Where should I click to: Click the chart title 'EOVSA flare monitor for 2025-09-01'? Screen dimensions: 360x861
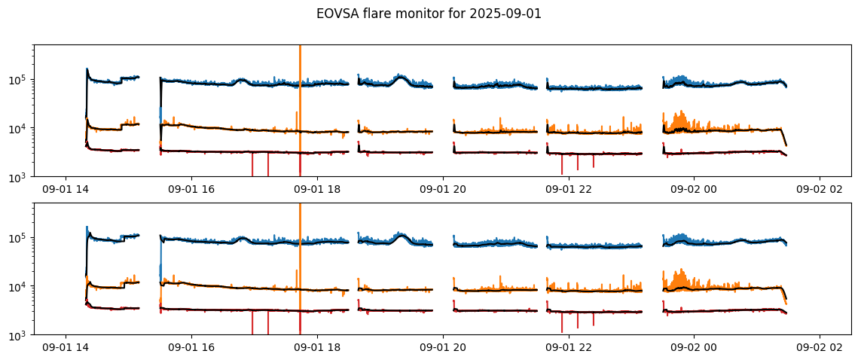tap(429, 14)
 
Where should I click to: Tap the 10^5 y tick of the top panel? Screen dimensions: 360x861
tap(20, 80)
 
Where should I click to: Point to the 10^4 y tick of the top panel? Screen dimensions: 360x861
tap(20, 129)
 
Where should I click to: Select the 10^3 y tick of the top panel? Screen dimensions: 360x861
tap(20, 177)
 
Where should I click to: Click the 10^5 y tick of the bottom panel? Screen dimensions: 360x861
tap(20, 238)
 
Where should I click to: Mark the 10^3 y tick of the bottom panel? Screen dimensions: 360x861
tap(20, 335)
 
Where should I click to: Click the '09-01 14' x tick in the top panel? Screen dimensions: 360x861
tap(66, 189)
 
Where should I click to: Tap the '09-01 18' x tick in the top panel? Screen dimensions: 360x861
tap(317, 189)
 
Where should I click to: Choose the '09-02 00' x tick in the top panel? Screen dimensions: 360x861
tap(694, 189)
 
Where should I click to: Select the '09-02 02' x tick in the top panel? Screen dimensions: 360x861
tap(820, 189)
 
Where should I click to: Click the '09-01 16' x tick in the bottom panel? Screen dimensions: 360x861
tap(191, 347)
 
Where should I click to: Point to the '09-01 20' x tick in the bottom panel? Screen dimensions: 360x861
tap(443, 347)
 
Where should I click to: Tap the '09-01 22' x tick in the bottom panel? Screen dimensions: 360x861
tap(568, 347)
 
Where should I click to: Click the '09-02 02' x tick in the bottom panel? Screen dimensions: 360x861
tap(820, 347)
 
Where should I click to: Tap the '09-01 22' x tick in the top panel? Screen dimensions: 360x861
tap(568, 189)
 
